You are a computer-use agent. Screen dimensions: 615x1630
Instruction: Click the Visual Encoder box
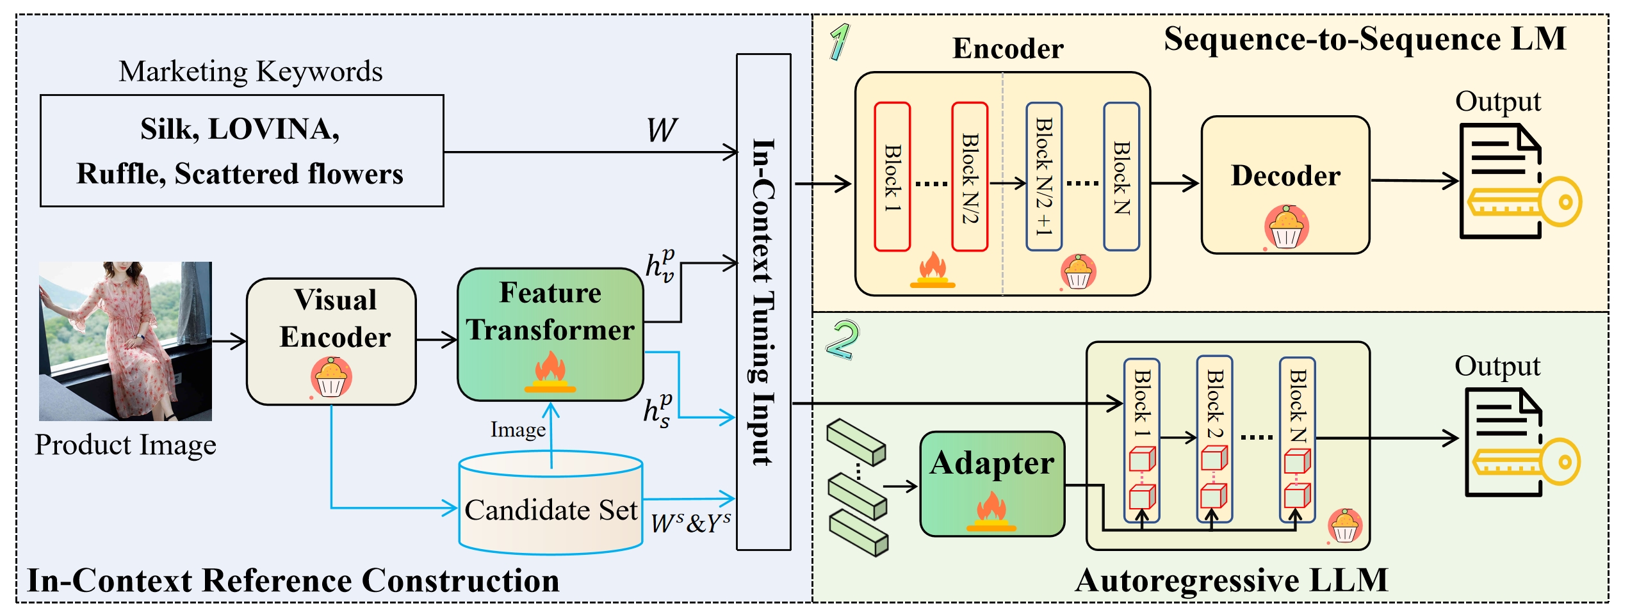click(x=331, y=341)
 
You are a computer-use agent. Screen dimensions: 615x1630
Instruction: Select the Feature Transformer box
click(x=550, y=334)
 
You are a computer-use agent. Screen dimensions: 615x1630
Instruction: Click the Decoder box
click(x=1285, y=184)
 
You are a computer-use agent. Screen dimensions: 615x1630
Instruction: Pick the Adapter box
click(x=992, y=484)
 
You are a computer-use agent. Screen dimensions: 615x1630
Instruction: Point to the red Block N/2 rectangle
click(x=969, y=177)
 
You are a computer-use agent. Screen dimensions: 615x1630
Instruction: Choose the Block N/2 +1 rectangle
click(x=1043, y=177)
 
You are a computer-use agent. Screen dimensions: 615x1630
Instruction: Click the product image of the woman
click(x=126, y=340)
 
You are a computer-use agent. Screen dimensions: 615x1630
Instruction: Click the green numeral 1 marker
click(x=839, y=42)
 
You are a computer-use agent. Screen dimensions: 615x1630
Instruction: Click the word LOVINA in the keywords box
click(x=273, y=129)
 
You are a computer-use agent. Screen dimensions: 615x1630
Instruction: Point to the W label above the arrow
click(x=661, y=130)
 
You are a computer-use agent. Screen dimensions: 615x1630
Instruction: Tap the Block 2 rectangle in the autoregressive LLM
click(x=1214, y=440)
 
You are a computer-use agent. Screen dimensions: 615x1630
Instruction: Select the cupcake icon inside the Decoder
click(x=1286, y=226)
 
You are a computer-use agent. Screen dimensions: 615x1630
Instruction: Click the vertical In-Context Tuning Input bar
click(x=763, y=301)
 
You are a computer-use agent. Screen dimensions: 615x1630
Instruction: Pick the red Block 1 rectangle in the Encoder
click(x=892, y=177)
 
